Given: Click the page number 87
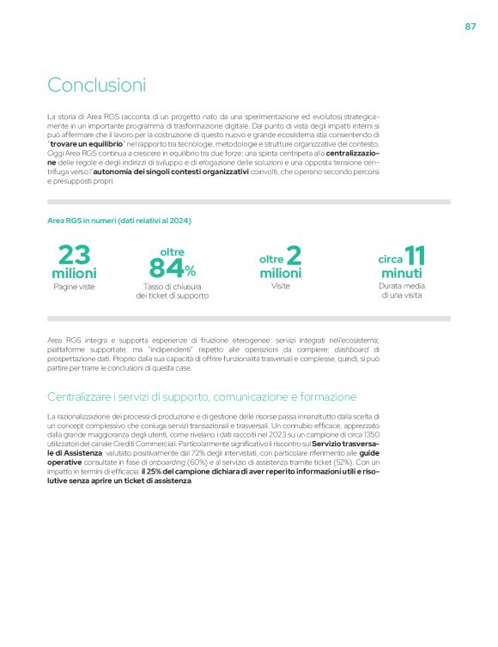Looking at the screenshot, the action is (x=471, y=26).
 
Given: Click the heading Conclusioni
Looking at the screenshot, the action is (x=96, y=85).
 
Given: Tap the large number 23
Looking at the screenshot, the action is (x=74, y=255).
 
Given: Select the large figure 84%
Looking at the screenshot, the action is (x=172, y=269).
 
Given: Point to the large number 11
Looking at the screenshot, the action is (x=415, y=255).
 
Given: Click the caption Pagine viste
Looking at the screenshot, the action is (x=74, y=287).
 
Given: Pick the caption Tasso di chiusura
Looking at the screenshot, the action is (x=172, y=286).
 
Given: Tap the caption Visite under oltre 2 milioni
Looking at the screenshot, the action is (x=281, y=286).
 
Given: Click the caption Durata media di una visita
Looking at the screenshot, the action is (x=402, y=290).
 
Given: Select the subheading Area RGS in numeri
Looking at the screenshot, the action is (x=119, y=221).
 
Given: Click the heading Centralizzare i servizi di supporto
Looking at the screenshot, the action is (x=202, y=396).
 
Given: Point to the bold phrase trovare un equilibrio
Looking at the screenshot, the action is (x=88, y=143).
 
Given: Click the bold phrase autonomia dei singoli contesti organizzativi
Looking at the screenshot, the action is (x=179, y=171).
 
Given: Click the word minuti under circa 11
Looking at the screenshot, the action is (x=402, y=273).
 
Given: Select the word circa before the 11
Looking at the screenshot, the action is (x=391, y=258).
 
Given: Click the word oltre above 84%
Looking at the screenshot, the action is (x=172, y=251).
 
